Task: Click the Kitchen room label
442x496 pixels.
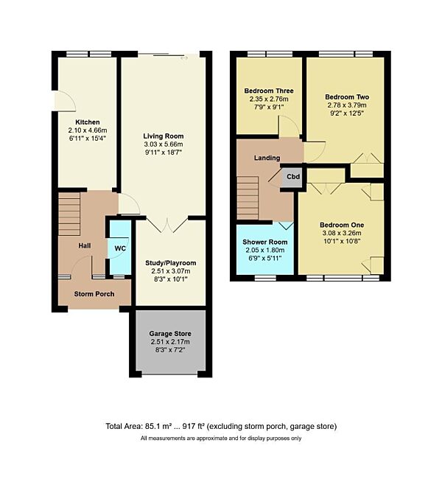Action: pos(87,122)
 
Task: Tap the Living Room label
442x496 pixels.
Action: pos(164,136)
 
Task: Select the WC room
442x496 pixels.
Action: pos(119,248)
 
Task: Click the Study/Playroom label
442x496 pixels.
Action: pos(171,263)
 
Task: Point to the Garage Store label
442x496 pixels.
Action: pos(170,333)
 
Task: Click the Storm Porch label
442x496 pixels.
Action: pos(94,293)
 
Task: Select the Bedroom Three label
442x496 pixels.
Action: pos(267,91)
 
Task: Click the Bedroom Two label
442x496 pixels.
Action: pos(347,97)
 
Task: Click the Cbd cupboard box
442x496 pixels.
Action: pos(292,177)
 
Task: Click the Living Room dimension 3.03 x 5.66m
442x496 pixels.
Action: pos(164,144)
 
